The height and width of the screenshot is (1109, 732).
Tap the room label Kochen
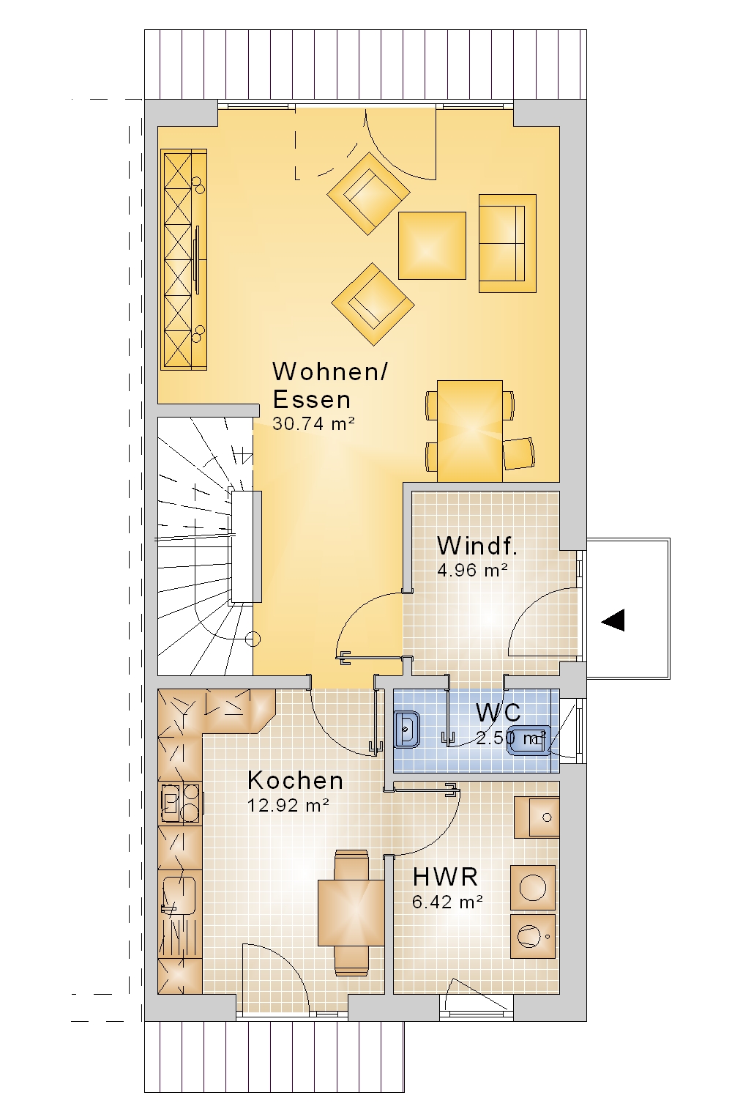[295, 781]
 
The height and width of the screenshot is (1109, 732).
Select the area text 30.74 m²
[313, 424]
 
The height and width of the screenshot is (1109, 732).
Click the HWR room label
[445, 878]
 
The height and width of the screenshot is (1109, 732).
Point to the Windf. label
[477, 546]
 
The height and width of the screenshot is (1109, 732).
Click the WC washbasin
[407, 730]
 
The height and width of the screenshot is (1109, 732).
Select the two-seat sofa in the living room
[507, 243]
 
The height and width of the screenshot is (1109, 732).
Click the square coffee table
[433, 245]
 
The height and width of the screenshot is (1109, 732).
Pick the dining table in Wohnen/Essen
[470, 431]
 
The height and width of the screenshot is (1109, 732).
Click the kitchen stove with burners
[181, 804]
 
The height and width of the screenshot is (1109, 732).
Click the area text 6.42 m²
[447, 902]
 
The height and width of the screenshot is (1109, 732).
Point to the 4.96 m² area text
[472, 571]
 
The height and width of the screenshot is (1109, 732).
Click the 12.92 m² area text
[288, 806]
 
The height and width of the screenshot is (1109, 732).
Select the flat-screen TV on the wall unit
[197, 260]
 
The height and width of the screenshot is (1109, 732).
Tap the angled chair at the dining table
[519, 453]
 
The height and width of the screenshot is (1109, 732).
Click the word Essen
[312, 399]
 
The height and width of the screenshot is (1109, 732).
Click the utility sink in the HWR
[537, 817]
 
